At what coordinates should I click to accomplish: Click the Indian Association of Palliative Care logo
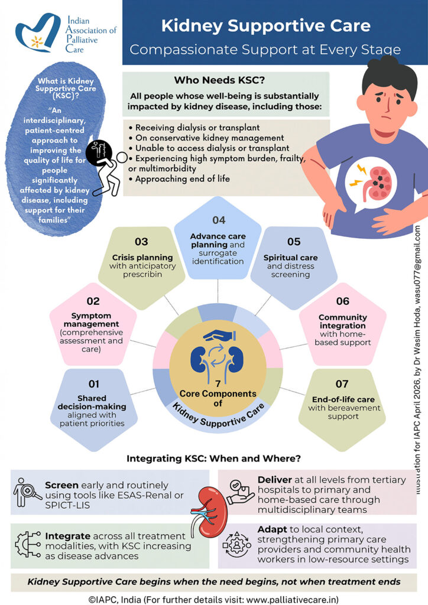[x=41, y=34]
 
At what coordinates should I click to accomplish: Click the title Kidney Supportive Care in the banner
[x=266, y=26]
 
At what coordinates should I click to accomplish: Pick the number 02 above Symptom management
[x=93, y=301]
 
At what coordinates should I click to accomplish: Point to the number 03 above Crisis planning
[x=141, y=242]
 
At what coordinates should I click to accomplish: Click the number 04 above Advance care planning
[x=219, y=220]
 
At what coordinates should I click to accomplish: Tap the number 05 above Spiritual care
[x=294, y=242]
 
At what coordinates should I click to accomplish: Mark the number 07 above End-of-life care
[x=343, y=385]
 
